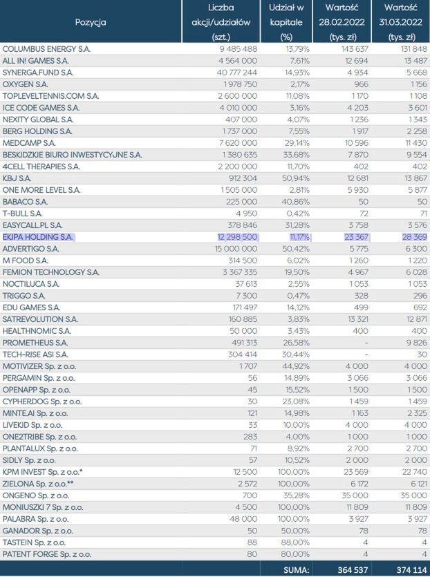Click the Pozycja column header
coord(91,22)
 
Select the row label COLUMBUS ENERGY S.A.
coord(46,49)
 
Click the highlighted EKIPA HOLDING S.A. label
coord(38,237)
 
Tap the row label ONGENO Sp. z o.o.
coord(36,495)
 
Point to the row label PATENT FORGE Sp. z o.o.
coord(46,554)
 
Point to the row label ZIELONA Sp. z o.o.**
coord(41,484)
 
